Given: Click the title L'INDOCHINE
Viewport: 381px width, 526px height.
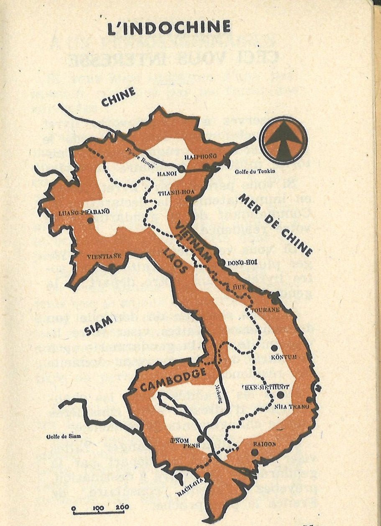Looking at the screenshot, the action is click(x=169, y=28).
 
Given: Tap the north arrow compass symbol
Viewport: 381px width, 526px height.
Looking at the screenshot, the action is click(x=283, y=140).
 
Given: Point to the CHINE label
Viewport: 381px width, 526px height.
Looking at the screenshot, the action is click(x=119, y=97).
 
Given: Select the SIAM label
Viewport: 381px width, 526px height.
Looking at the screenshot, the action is click(x=100, y=325).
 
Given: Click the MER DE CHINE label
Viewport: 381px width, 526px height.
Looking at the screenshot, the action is click(x=276, y=225).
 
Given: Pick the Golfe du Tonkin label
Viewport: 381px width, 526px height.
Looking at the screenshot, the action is click(x=255, y=171).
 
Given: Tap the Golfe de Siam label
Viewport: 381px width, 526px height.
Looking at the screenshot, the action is click(x=64, y=437).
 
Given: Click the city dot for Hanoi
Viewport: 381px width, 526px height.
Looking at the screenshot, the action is click(x=181, y=169).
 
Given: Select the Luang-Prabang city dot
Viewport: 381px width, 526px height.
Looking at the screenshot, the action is click(x=90, y=220).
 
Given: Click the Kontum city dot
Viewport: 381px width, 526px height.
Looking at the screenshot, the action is click(x=274, y=348).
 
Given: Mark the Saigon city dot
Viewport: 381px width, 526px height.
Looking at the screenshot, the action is click(x=255, y=452).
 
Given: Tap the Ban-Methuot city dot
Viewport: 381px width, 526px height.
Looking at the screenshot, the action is click(x=280, y=394).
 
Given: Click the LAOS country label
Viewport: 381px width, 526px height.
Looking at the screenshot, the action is click(x=176, y=262).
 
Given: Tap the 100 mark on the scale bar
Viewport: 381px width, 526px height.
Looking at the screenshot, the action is click(x=99, y=508).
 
